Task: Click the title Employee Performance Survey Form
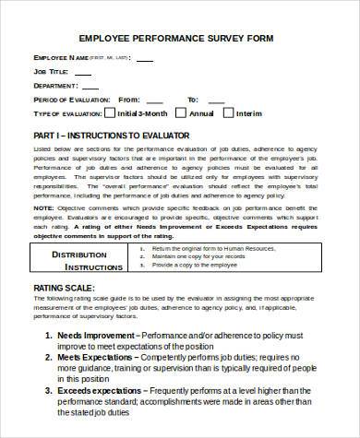(180, 39)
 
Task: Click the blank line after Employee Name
(142, 59)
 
